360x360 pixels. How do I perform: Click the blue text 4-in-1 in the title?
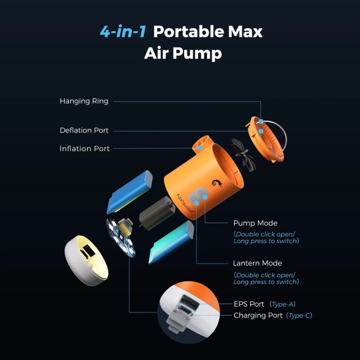tap(123, 31)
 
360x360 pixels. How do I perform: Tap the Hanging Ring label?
tap(84, 101)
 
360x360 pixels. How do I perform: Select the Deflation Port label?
tap(84, 130)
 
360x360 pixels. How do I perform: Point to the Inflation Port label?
tap(85, 149)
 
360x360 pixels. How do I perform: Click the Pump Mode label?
tap(256, 223)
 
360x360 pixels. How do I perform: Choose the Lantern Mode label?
tap(257, 263)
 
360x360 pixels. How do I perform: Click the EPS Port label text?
tap(249, 304)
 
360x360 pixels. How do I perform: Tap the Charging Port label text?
tap(258, 316)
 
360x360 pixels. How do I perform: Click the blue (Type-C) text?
tap(299, 316)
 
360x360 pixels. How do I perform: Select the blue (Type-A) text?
tap(283, 304)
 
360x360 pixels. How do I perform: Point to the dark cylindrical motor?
tap(157, 213)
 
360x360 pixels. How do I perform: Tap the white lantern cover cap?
tap(86, 260)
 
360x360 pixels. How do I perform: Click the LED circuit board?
tap(121, 237)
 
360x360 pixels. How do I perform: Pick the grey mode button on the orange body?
tap(198, 195)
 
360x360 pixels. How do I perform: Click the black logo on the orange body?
tap(217, 183)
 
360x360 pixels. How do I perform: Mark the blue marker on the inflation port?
tap(200, 148)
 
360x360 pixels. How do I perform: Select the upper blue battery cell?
tap(130, 192)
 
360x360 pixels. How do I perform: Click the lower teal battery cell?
tap(171, 242)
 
